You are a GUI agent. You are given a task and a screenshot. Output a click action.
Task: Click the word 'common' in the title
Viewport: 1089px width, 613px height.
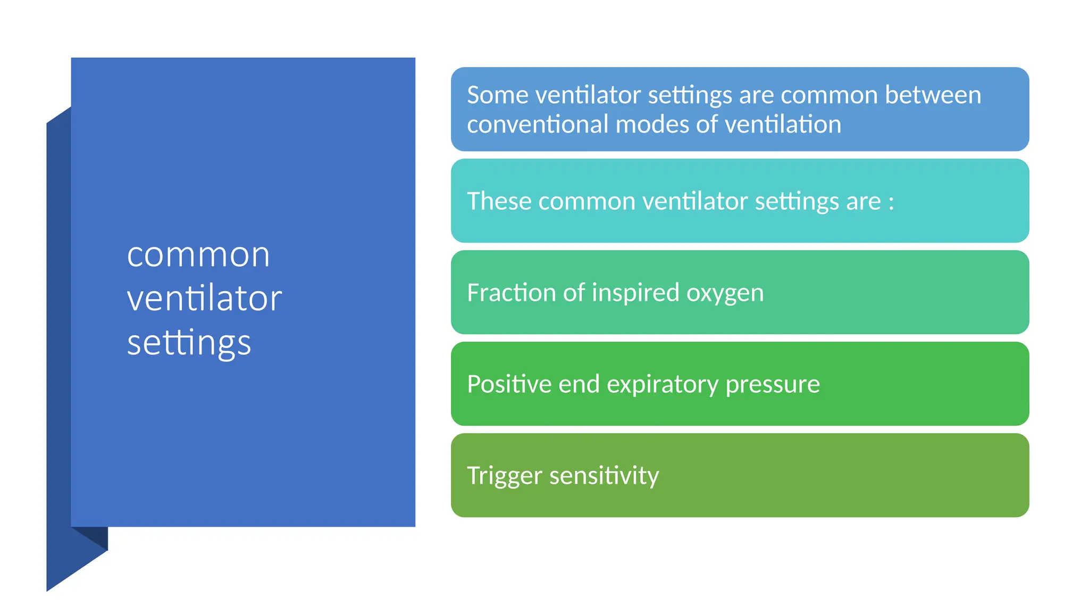198,255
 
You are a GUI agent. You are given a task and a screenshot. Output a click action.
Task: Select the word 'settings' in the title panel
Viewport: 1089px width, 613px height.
189,343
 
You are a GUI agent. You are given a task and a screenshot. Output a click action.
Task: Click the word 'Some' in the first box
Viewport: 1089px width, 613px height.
498,95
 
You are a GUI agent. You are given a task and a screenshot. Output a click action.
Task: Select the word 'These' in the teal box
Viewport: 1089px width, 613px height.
499,201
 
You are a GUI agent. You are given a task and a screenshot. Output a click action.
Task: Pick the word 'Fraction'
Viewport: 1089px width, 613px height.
511,293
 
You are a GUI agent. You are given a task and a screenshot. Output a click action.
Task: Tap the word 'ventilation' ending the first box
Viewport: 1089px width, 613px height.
783,125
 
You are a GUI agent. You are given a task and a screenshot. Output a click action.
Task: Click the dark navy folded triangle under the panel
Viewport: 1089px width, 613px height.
96,536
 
